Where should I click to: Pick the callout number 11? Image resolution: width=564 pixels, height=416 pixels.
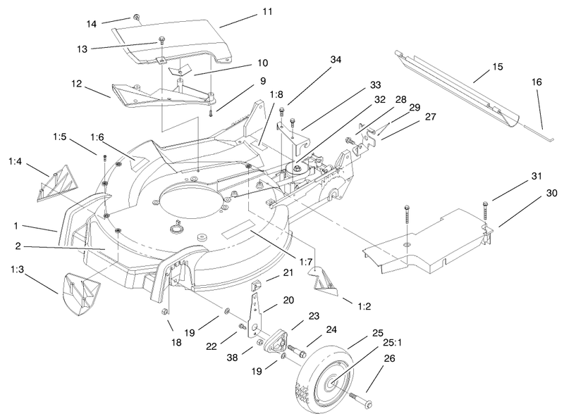click(x=246, y=13)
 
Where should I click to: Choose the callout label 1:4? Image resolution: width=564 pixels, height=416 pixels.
click(x=16, y=161)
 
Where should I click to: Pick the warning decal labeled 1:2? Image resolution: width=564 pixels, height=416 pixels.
click(x=324, y=280)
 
